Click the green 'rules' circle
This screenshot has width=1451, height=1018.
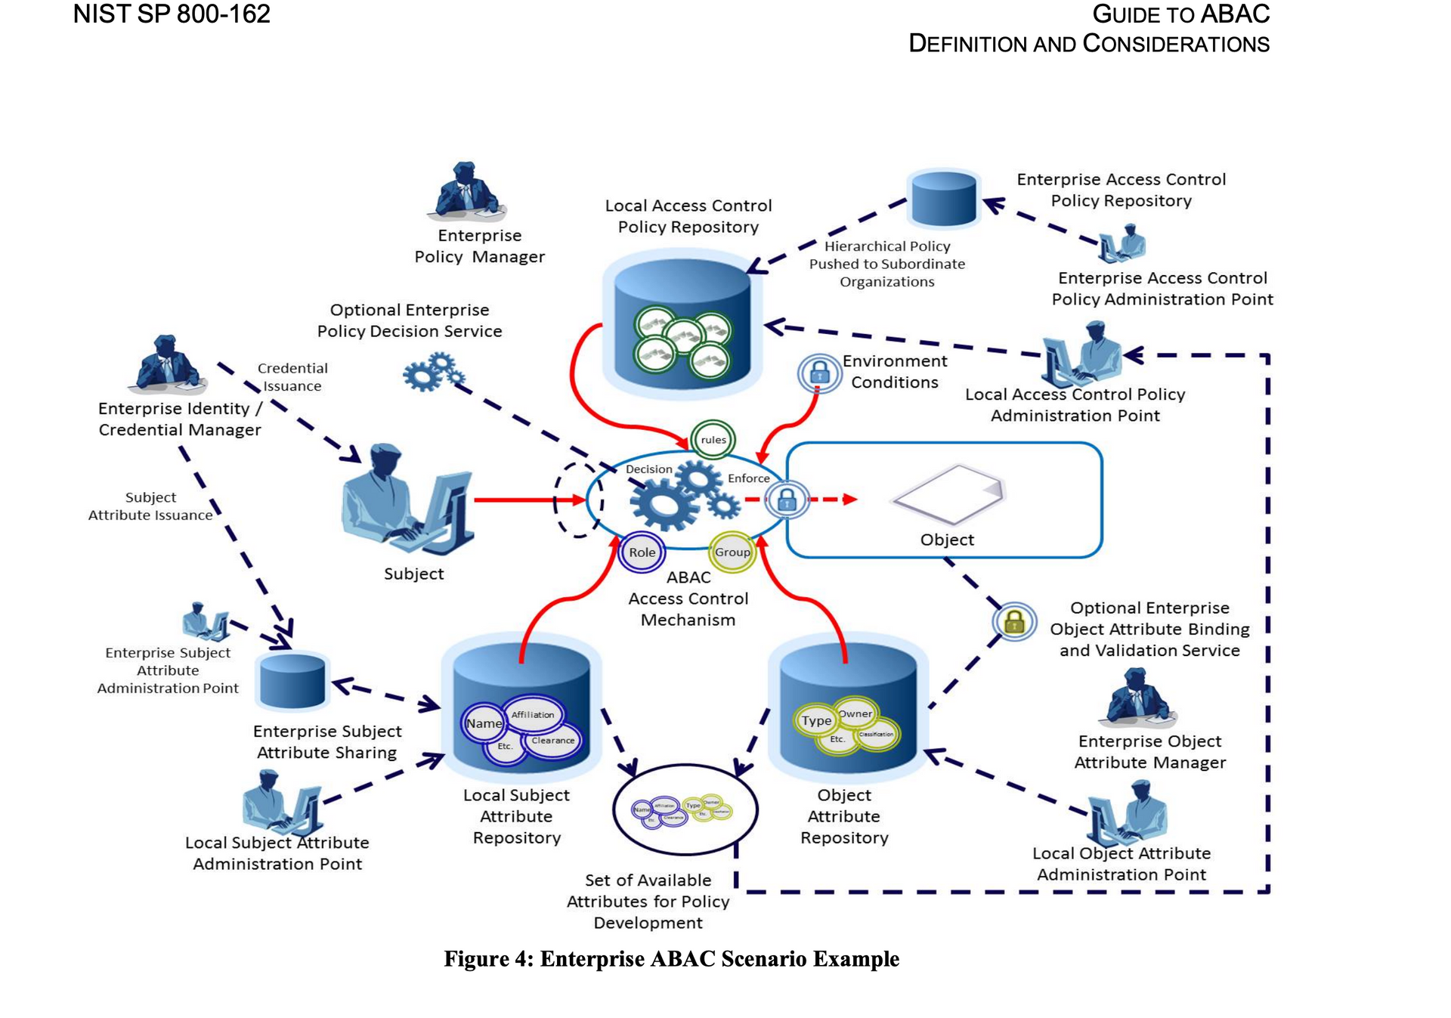(713, 439)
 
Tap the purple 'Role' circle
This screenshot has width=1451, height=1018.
(642, 552)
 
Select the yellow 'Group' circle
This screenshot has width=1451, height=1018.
(732, 552)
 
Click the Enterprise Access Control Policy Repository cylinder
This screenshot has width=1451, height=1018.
(943, 198)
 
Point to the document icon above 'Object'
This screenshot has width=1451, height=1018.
(949, 494)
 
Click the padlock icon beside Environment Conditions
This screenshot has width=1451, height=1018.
(819, 373)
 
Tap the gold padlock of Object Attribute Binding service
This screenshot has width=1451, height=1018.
(1014, 622)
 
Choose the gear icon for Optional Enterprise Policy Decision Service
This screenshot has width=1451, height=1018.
(433, 371)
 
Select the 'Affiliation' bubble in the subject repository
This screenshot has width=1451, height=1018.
(533, 714)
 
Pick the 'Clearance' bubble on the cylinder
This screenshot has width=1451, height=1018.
(552, 741)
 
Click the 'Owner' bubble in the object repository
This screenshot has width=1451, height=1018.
(855, 713)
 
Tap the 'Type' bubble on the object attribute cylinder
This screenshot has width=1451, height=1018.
(816, 721)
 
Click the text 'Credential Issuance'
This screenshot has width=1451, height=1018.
(292, 377)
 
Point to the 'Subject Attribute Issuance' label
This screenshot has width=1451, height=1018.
(150, 506)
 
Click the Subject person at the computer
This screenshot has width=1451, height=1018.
(405, 503)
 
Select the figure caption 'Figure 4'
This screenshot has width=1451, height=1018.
(671, 959)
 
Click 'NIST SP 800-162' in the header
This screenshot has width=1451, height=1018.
(172, 14)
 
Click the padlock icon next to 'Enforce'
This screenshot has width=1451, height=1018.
(787, 500)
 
